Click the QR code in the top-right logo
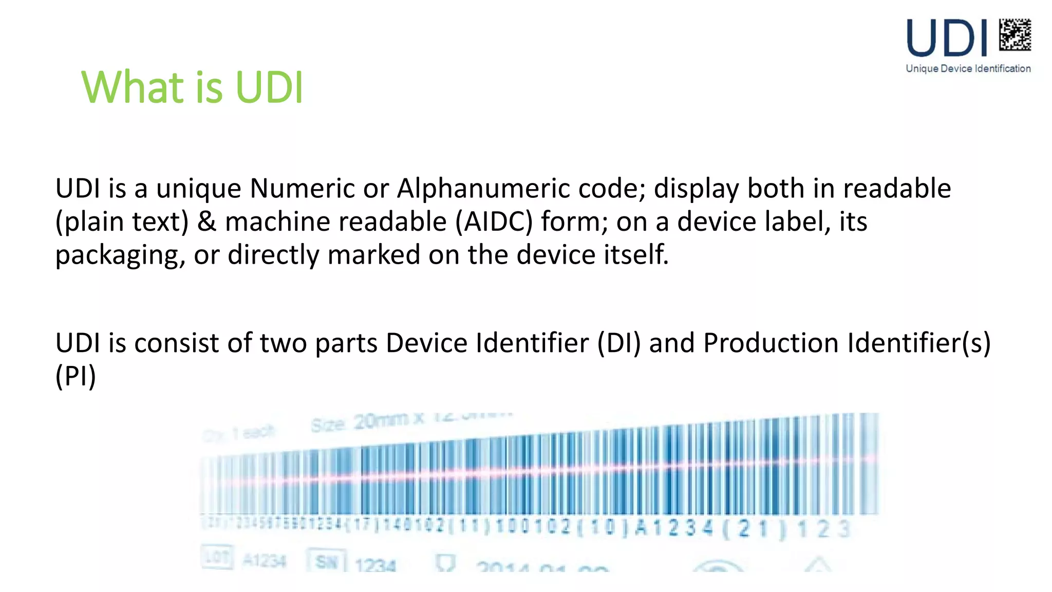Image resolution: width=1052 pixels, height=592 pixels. click(x=1015, y=34)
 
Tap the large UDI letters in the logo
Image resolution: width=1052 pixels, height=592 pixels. click(x=947, y=38)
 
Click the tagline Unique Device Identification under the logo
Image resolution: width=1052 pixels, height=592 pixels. click(x=968, y=69)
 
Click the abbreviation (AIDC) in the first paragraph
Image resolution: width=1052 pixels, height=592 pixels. click(x=494, y=222)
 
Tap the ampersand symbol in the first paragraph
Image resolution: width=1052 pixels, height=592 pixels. click(x=206, y=222)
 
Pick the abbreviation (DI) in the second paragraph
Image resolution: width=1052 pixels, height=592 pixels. click(x=619, y=343)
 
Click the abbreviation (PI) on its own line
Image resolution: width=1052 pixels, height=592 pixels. click(x=76, y=376)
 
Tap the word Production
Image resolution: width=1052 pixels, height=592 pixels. click(x=771, y=343)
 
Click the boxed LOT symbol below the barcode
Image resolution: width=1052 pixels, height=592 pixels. click(x=217, y=558)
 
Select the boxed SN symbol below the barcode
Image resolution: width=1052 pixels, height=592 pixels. click(x=326, y=561)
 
